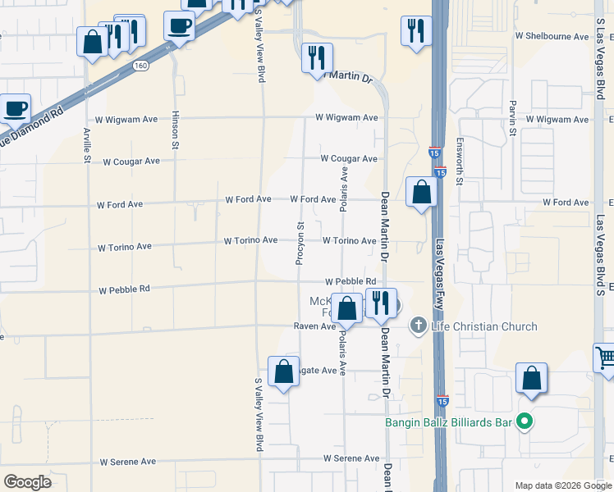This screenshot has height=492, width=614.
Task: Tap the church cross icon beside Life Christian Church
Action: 418,326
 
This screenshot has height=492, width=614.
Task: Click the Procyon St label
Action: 300,243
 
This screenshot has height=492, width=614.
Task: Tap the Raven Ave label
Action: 315,326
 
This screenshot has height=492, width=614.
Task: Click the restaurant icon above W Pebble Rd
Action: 380,303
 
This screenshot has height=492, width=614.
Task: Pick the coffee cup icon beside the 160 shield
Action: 179,26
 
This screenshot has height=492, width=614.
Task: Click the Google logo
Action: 28,482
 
